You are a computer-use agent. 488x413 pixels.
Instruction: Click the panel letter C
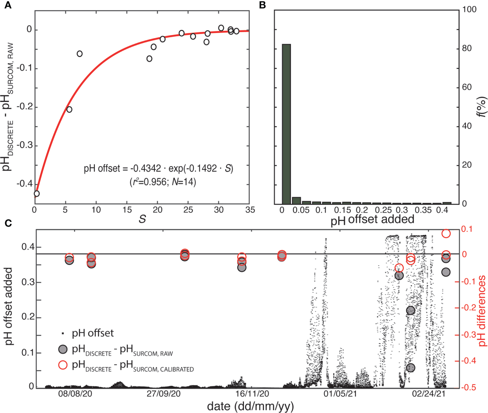coord(8,223)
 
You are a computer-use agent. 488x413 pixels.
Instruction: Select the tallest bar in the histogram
coord(286,124)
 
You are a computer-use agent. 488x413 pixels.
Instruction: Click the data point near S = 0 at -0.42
coord(36,194)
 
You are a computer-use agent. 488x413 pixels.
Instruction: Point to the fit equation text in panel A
coord(158,169)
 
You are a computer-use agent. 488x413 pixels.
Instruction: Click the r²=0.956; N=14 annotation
coord(163,182)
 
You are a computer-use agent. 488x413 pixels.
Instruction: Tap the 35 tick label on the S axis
coord(250,210)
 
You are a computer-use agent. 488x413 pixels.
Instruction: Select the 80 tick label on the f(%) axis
coord(467,48)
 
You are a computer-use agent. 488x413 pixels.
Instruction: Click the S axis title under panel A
coord(142,219)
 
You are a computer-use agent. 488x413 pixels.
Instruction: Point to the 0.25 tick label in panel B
coord(383,210)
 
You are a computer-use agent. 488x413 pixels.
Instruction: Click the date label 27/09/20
coord(164,394)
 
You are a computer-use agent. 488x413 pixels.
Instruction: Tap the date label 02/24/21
coord(429,394)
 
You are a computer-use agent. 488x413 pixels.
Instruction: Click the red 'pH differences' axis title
coord(482,311)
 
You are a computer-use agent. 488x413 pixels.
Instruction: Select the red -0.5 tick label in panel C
coord(467,388)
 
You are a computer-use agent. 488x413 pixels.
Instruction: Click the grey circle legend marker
coord(63,349)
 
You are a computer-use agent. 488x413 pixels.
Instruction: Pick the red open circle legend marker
coord(63,365)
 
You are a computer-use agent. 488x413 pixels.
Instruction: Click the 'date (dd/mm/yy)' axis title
coord(250,406)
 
